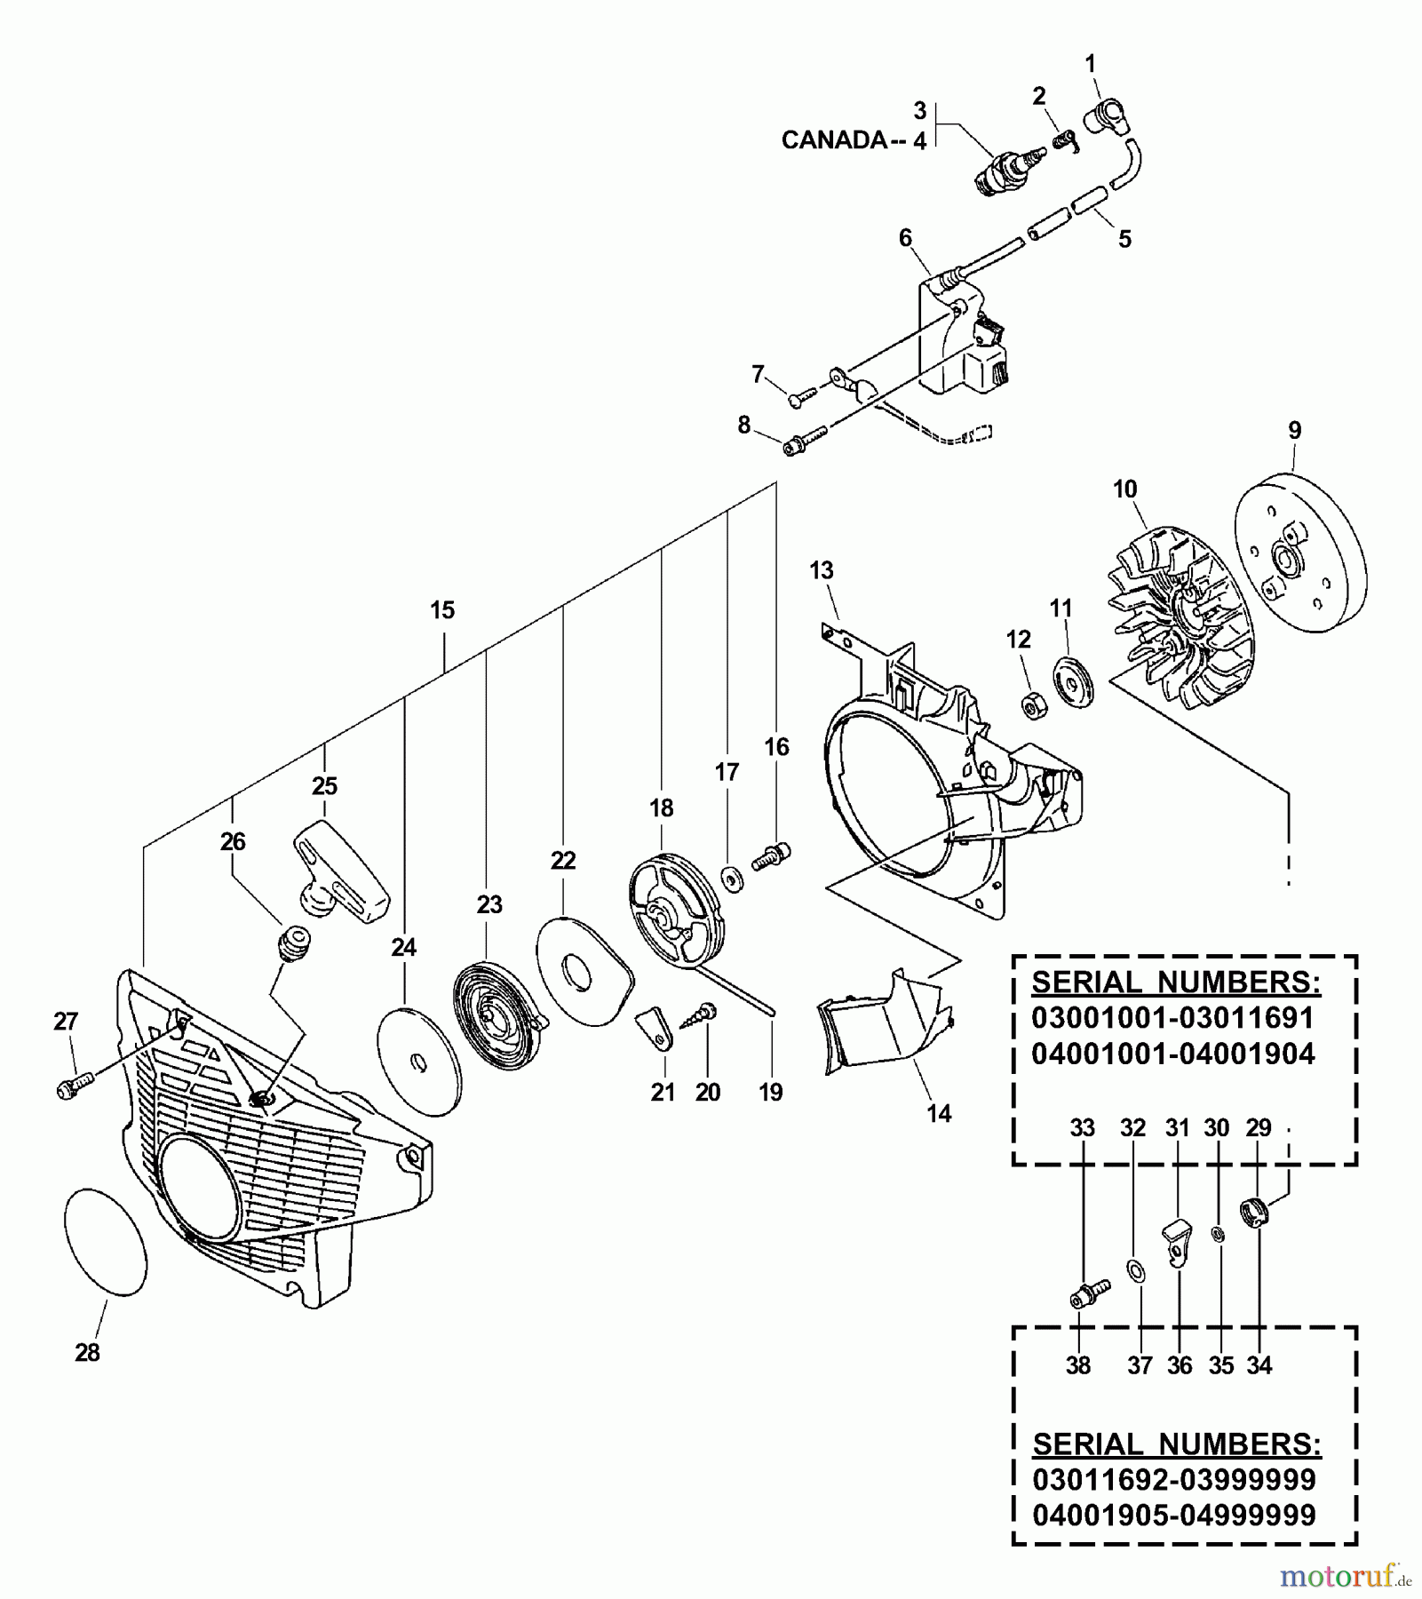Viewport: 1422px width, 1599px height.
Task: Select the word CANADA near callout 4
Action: (x=833, y=140)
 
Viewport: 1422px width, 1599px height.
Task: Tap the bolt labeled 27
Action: (x=74, y=1086)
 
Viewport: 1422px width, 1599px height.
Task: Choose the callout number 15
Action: (x=442, y=610)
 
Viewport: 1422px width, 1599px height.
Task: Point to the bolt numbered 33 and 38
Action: (x=1088, y=1292)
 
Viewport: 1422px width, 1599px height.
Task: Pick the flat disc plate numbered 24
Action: (x=419, y=1063)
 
